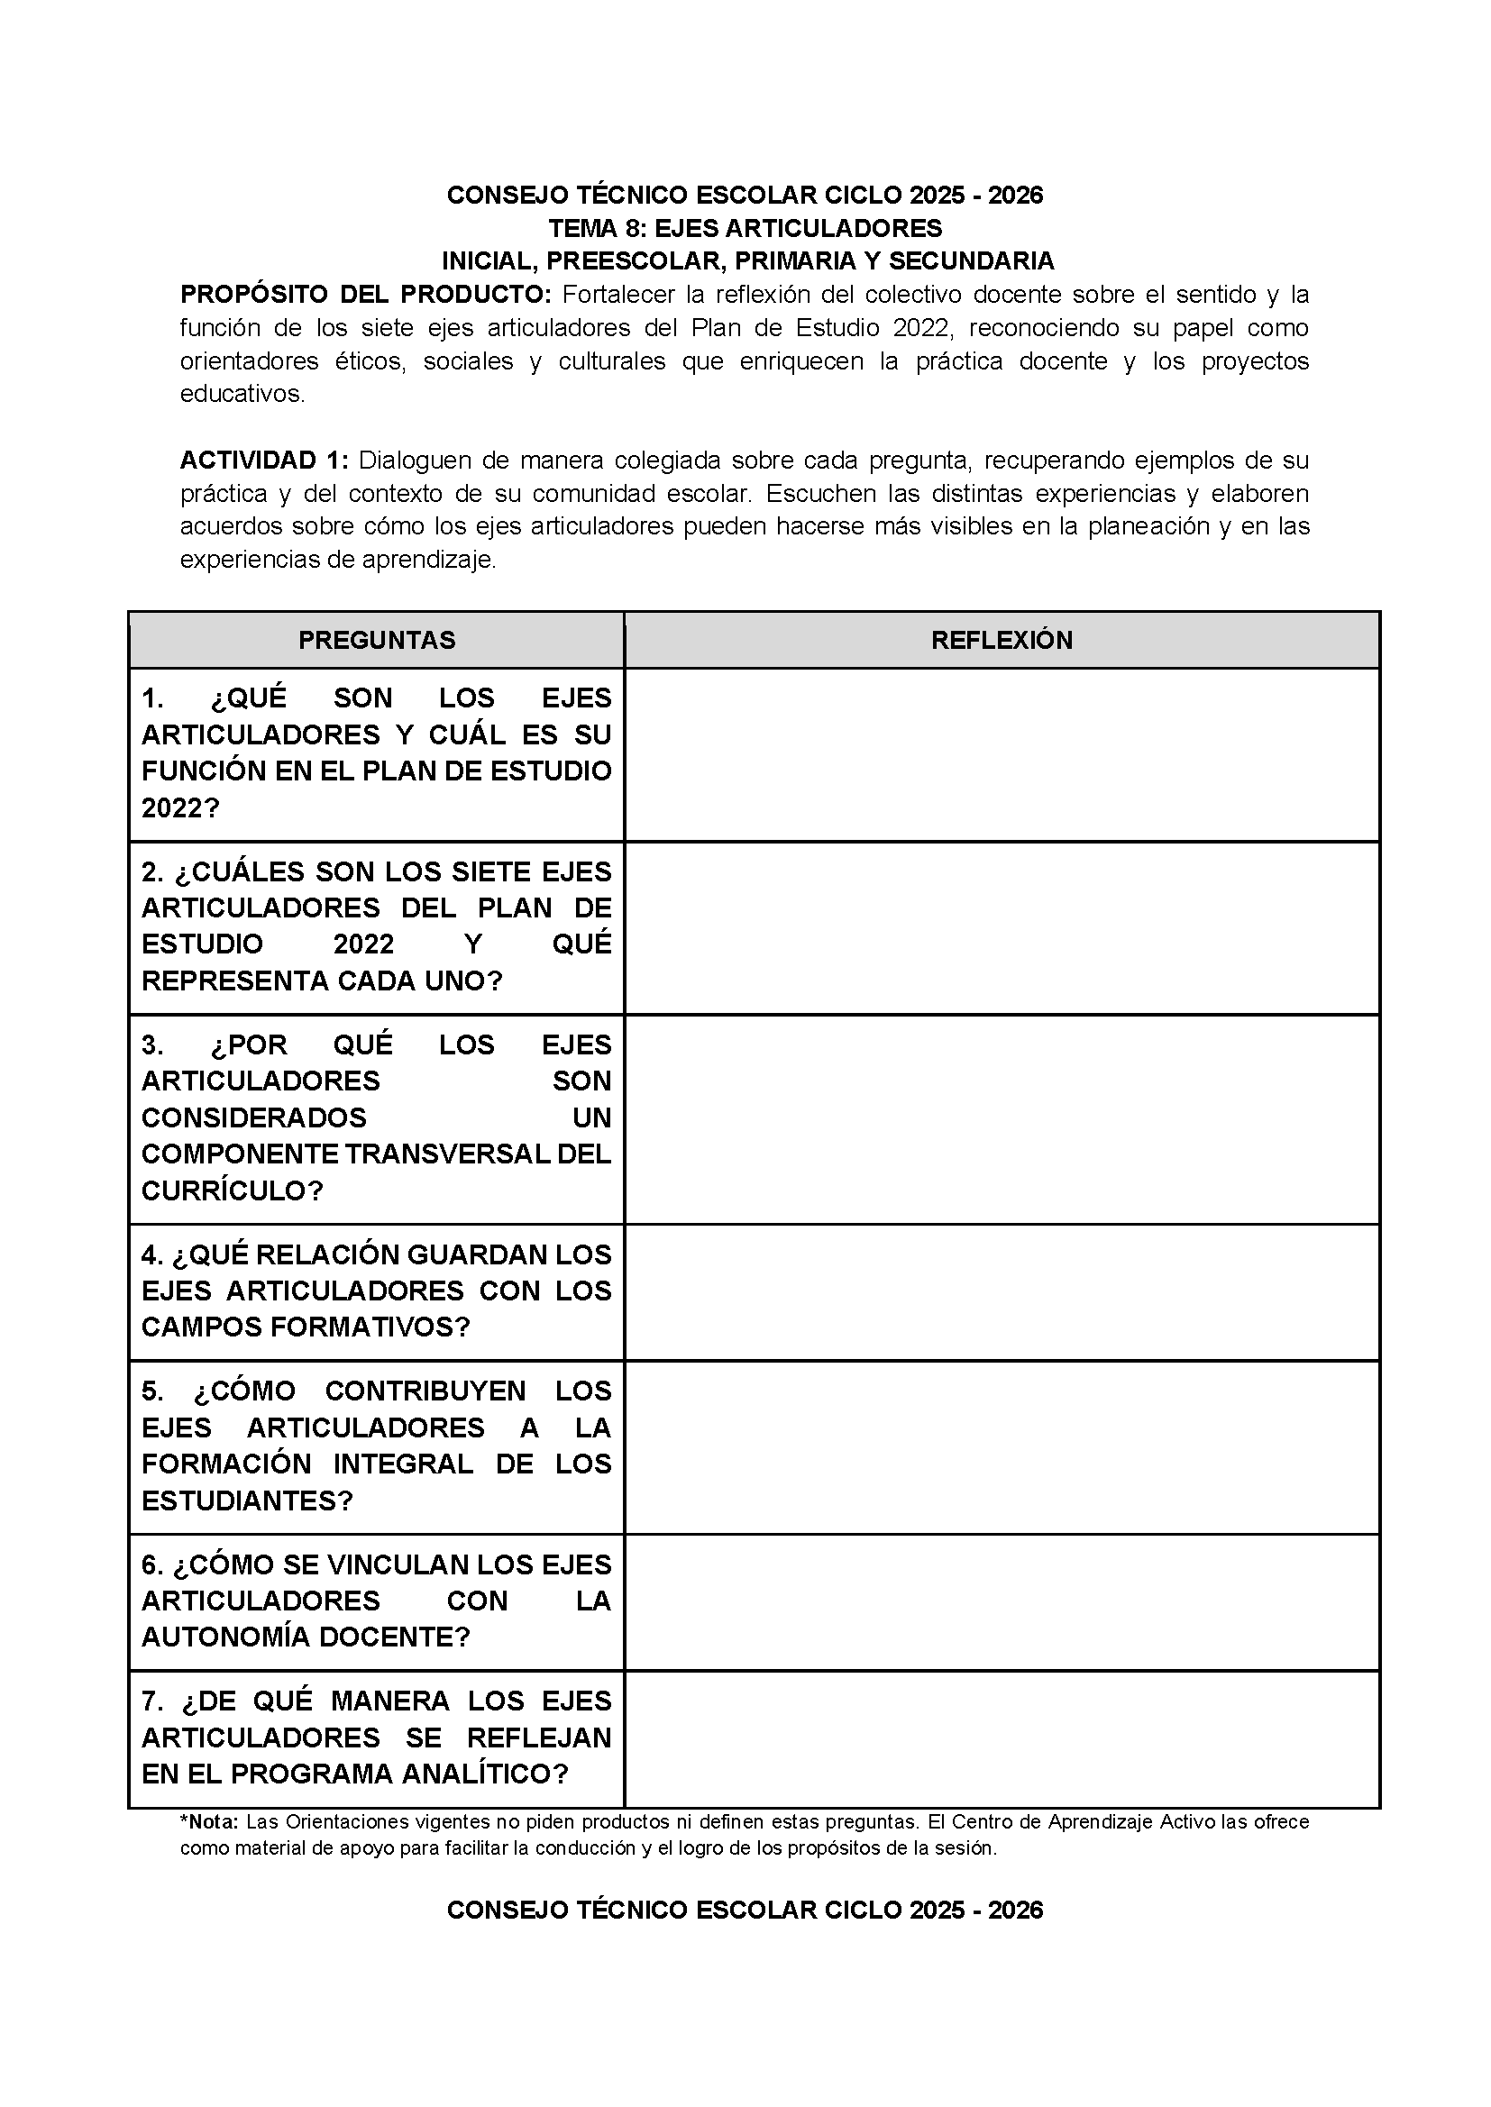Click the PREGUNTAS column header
(x=377, y=640)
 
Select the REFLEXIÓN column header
(x=1002, y=640)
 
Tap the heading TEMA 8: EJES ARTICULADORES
(x=745, y=228)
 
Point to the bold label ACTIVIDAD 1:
(x=263, y=460)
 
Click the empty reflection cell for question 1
(x=1002, y=753)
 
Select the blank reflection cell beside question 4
(x=1002, y=1291)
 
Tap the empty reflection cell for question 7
(x=1002, y=1738)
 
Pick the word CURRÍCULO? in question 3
(x=233, y=1190)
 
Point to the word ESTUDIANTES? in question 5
(x=247, y=1500)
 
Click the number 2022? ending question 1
(x=181, y=807)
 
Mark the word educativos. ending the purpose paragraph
(x=242, y=394)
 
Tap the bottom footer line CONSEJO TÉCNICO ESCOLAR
(x=745, y=1910)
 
